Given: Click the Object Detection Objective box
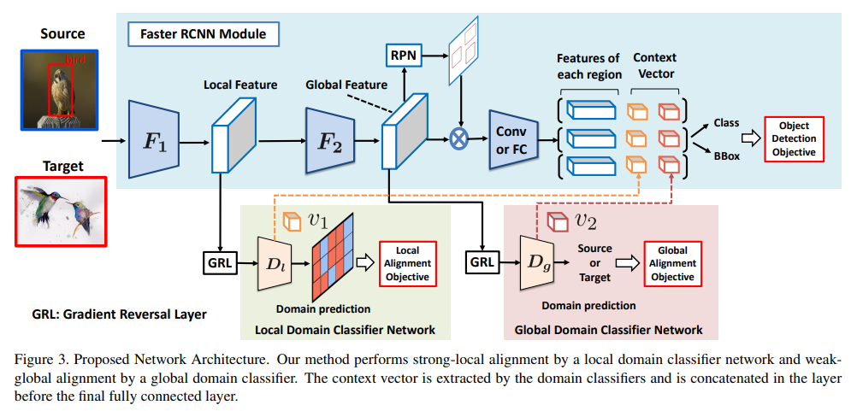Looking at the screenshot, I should [x=793, y=138].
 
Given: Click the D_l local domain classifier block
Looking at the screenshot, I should [x=274, y=262].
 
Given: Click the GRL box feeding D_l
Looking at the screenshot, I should [x=221, y=262].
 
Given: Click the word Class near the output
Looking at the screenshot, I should [x=726, y=123].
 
